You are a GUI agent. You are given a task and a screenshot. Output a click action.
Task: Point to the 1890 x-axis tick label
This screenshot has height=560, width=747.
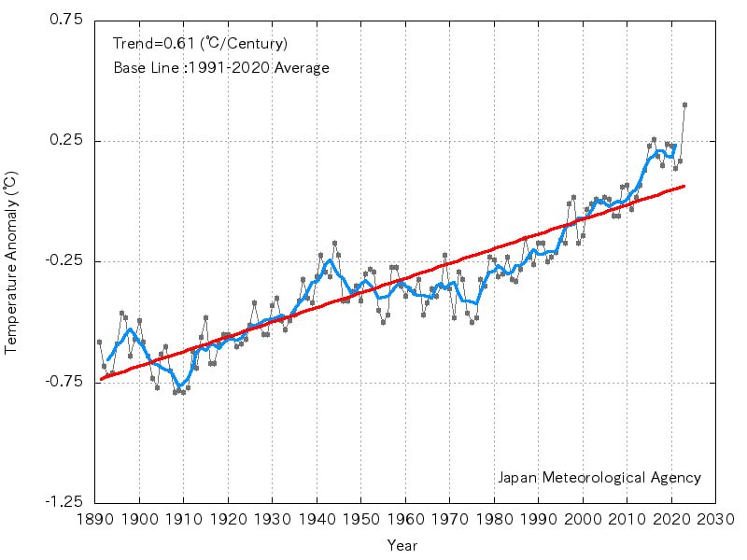[95, 520]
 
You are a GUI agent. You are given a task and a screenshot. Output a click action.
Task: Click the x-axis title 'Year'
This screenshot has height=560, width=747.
[402, 545]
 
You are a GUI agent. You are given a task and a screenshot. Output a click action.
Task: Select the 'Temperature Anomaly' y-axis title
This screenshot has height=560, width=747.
[11, 261]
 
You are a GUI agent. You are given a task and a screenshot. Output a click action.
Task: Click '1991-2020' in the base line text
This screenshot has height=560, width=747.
[230, 68]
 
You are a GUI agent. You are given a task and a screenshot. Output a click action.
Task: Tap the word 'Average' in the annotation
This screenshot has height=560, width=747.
[302, 68]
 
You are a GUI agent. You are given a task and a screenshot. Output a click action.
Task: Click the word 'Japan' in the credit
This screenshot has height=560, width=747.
[516, 478]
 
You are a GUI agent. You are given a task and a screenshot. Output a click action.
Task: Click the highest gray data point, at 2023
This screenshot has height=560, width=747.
[684, 105]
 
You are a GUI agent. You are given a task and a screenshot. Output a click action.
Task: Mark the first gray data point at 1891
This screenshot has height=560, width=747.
[99, 342]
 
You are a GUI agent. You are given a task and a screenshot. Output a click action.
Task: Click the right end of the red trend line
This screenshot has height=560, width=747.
[684, 186]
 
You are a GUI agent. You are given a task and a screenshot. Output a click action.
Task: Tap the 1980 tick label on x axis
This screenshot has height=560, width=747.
[495, 520]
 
